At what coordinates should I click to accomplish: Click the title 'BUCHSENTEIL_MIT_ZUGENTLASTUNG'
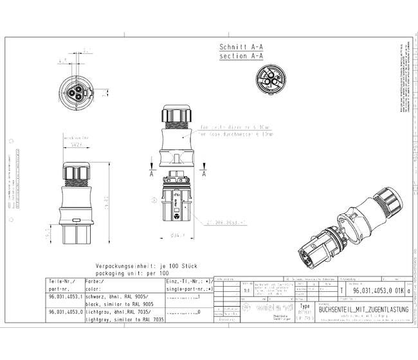click(x=363, y=309)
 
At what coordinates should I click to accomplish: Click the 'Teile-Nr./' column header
click(x=61, y=282)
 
